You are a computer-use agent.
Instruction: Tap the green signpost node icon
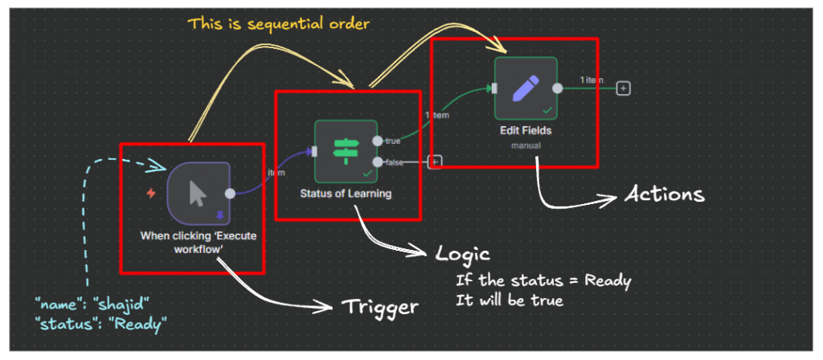[346, 151]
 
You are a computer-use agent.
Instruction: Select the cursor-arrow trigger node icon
[199, 194]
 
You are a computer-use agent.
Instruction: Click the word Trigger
[381, 306]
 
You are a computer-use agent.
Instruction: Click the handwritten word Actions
[663, 194]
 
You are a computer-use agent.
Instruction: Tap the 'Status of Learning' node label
[346, 193]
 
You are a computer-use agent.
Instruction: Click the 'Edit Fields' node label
[526, 129]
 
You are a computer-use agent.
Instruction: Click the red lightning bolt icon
[150, 193]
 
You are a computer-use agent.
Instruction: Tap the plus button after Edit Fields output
[622, 88]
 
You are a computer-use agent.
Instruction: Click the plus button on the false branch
[435, 162]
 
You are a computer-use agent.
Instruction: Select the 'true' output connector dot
[378, 141]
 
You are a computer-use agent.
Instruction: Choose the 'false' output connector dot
[378, 162]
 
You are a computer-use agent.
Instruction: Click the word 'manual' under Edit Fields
[526, 145]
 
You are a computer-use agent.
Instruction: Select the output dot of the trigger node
[231, 194]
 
